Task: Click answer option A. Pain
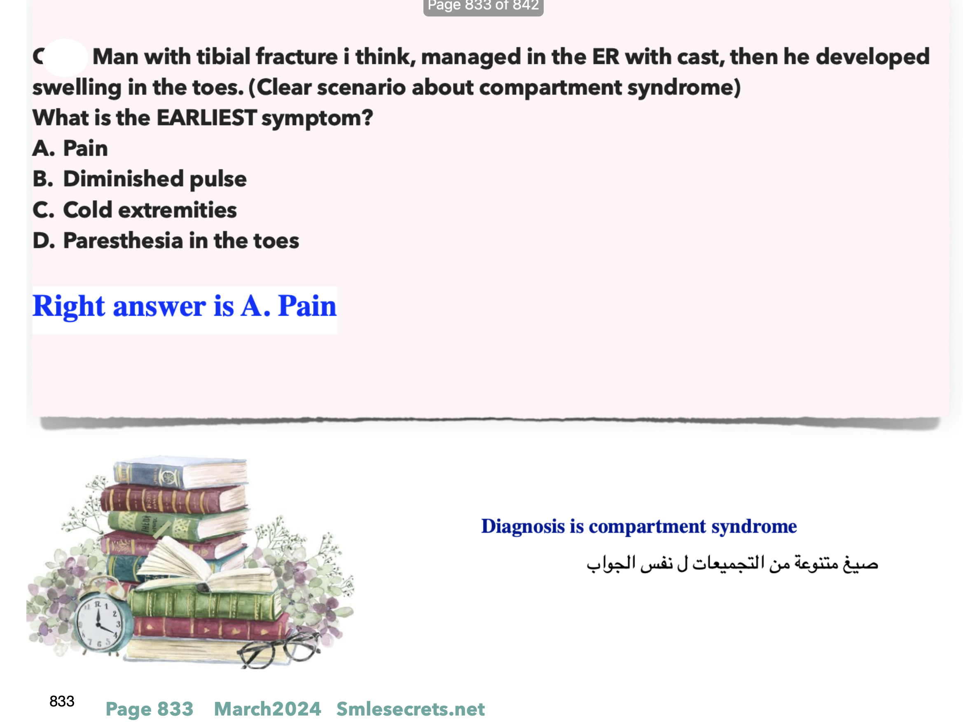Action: click(70, 148)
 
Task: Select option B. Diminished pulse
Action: click(140, 179)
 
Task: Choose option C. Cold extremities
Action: click(135, 210)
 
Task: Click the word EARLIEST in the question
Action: click(206, 117)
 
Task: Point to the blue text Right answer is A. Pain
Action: click(185, 306)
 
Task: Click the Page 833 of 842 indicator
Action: click(483, 6)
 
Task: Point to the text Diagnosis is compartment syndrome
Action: click(639, 526)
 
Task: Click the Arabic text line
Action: click(732, 564)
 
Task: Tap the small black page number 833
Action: click(62, 701)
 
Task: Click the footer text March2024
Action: click(267, 709)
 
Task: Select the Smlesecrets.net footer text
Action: click(411, 709)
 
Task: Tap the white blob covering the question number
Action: click(65, 58)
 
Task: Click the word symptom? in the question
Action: click(317, 118)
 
